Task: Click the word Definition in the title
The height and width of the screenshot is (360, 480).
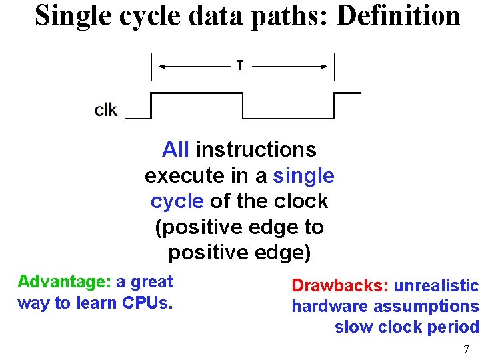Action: pyautogui.click(x=399, y=15)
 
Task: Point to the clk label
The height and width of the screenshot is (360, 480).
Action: pyautogui.click(x=106, y=109)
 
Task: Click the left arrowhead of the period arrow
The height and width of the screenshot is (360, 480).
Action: pyautogui.click(x=163, y=66)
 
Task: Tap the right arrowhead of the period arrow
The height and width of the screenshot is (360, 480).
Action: pyautogui.click(x=323, y=66)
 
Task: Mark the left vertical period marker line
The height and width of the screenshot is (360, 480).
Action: pyautogui.click(x=153, y=67)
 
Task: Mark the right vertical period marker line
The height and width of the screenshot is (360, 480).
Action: pyautogui.click(x=334, y=67)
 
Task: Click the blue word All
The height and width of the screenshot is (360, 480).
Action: pyautogui.click(x=176, y=149)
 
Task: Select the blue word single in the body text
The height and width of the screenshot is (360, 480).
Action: pyautogui.click(x=304, y=176)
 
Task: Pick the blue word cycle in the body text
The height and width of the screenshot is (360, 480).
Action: pyautogui.click(x=177, y=201)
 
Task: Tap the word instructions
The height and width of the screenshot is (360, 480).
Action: pyautogui.click(x=256, y=149)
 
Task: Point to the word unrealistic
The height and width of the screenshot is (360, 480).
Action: pyautogui.click(x=437, y=286)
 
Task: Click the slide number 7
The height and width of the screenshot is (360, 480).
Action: pyautogui.click(x=467, y=349)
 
